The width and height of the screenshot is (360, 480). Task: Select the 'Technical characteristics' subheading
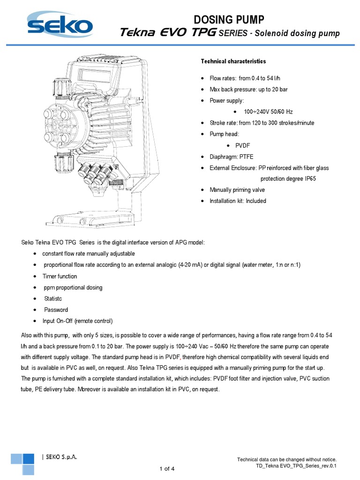(233, 61)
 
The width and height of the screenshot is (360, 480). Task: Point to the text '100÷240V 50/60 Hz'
(268, 112)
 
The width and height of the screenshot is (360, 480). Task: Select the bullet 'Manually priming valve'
(237, 190)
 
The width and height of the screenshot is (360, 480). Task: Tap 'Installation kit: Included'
(238, 201)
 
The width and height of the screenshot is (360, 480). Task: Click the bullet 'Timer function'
(60, 276)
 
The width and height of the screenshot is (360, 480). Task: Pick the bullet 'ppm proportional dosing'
(72, 287)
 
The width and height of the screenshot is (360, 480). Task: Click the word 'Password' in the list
(56, 310)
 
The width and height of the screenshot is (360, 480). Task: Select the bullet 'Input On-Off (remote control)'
(77, 321)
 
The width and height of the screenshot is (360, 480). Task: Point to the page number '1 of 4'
(167, 469)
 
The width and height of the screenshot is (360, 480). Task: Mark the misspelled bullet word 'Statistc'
(54, 299)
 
